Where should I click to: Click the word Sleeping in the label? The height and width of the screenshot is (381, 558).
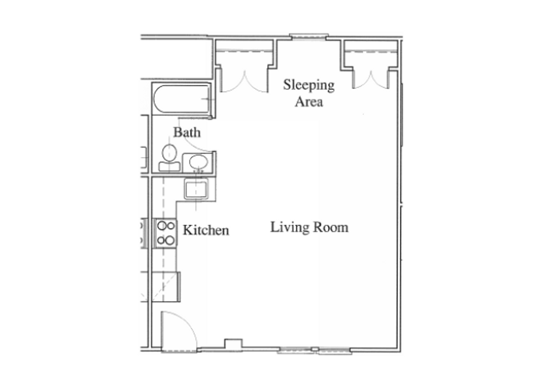pos(309,85)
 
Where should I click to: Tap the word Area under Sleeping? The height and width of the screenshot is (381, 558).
pos(309,102)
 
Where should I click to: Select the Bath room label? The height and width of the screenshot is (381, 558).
pos(187,132)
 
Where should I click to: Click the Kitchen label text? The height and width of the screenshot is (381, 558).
pos(206,230)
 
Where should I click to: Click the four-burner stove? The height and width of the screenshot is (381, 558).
pos(166,233)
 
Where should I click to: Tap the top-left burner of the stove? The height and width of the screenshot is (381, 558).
pos(162,225)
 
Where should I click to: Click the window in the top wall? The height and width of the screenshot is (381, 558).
pos(309,36)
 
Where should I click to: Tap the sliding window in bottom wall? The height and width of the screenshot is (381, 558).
pos(315,350)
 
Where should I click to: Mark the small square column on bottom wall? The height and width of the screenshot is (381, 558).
pos(233,344)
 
